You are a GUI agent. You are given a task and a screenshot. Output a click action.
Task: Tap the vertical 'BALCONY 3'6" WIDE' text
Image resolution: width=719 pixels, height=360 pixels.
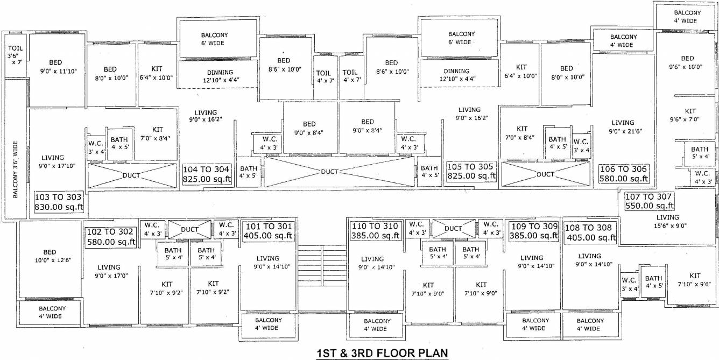[x=16, y=170]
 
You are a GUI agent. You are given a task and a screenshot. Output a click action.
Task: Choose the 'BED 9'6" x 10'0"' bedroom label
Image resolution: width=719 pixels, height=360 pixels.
[x=687, y=62]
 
